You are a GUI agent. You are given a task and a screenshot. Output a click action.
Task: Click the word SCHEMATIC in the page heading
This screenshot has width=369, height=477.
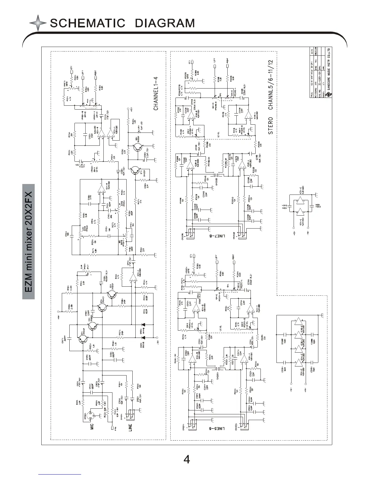(87, 23)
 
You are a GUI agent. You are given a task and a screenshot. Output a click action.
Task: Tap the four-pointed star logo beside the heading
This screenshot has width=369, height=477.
(38, 23)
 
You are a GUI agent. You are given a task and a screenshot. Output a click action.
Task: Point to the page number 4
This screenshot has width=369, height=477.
(187, 460)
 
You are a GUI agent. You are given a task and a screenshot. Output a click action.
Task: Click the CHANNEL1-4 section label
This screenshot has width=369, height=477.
(156, 93)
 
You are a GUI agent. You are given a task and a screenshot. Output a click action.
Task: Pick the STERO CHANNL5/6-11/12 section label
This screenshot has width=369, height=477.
(271, 97)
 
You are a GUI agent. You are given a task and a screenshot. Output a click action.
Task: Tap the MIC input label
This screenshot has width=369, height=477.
(92, 427)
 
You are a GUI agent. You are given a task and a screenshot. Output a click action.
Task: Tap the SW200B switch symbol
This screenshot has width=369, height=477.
(216, 175)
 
